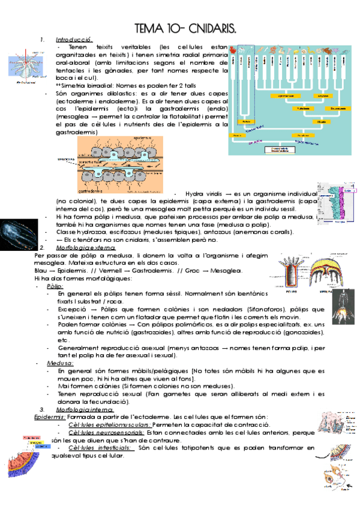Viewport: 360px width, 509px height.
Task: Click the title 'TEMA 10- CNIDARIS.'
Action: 185,28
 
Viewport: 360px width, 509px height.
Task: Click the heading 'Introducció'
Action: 74,39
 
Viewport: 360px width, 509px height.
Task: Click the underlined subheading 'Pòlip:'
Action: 55,286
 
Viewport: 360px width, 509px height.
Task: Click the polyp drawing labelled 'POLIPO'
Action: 293,270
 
